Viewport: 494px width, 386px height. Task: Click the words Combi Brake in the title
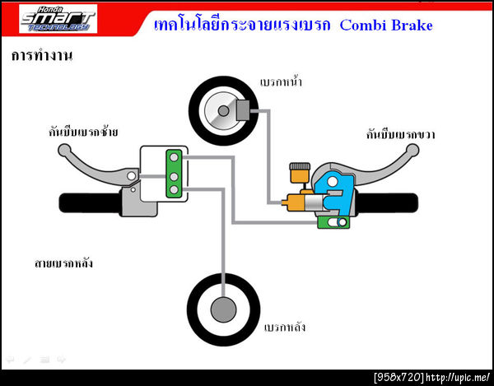coord(389,26)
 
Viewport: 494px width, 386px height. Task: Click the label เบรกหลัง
coord(285,327)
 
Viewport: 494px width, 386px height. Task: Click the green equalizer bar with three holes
coord(174,174)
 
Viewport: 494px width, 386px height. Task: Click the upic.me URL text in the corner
coord(459,377)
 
